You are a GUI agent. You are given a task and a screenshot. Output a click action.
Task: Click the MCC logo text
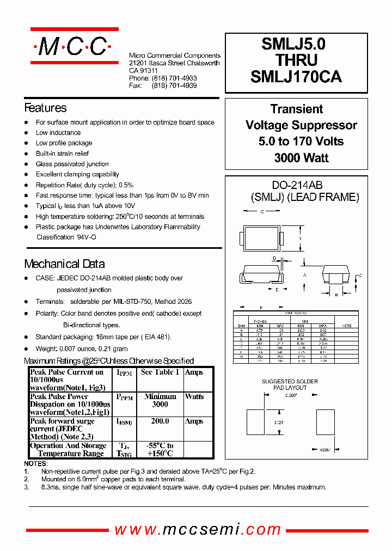coord(72,47)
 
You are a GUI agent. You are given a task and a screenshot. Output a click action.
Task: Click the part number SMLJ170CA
coord(296,77)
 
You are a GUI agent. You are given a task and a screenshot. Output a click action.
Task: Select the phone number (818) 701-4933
coord(174,78)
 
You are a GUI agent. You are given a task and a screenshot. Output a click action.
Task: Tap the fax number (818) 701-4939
coord(174,86)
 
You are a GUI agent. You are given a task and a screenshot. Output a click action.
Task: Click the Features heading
coord(45,108)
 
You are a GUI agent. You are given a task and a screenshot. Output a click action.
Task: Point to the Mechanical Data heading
coord(64,264)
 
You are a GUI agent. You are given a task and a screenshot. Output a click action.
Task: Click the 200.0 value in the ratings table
coord(160,421)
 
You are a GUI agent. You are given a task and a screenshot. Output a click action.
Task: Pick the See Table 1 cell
coord(160,372)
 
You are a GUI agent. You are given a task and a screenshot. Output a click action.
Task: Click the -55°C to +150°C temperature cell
coord(160,450)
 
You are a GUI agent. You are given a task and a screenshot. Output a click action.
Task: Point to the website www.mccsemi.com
coord(198,529)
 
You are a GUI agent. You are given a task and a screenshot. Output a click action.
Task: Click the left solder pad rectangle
coord(255,422)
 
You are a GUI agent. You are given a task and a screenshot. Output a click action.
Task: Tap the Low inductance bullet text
coord(58,133)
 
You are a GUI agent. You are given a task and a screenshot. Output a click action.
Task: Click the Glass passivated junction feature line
coord(72,164)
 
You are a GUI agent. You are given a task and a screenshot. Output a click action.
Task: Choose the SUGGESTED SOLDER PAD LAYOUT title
coord(290,384)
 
